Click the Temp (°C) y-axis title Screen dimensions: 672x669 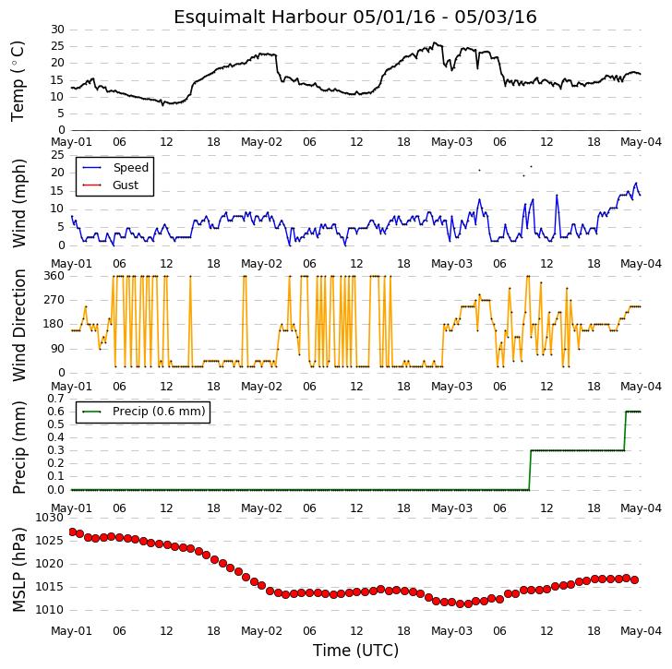click(x=18, y=81)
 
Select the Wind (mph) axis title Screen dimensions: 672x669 click(x=18, y=203)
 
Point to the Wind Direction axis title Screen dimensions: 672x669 click(x=18, y=325)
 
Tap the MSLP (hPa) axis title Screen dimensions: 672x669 click(x=18, y=569)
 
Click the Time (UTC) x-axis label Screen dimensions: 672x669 click(x=355, y=651)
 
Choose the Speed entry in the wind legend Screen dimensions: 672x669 click(x=115, y=167)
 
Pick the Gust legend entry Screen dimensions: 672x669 click(x=111, y=185)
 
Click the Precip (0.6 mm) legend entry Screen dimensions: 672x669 click(x=144, y=412)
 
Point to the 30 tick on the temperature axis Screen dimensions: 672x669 click(x=57, y=30)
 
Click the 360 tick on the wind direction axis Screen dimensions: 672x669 click(x=54, y=276)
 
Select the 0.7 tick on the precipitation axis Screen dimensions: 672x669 click(x=55, y=399)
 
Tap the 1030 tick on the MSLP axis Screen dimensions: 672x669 click(x=49, y=518)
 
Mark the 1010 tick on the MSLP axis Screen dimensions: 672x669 click(x=49, y=609)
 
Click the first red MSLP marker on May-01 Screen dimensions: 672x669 click(x=72, y=532)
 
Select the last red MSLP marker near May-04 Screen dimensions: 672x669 click(x=635, y=579)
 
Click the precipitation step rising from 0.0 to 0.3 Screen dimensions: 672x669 click(x=530, y=471)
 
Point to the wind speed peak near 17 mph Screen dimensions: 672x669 click(x=636, y=183)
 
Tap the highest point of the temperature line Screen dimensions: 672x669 click(x=435, y=42)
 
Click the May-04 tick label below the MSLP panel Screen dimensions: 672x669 click(x=642, y=631)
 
